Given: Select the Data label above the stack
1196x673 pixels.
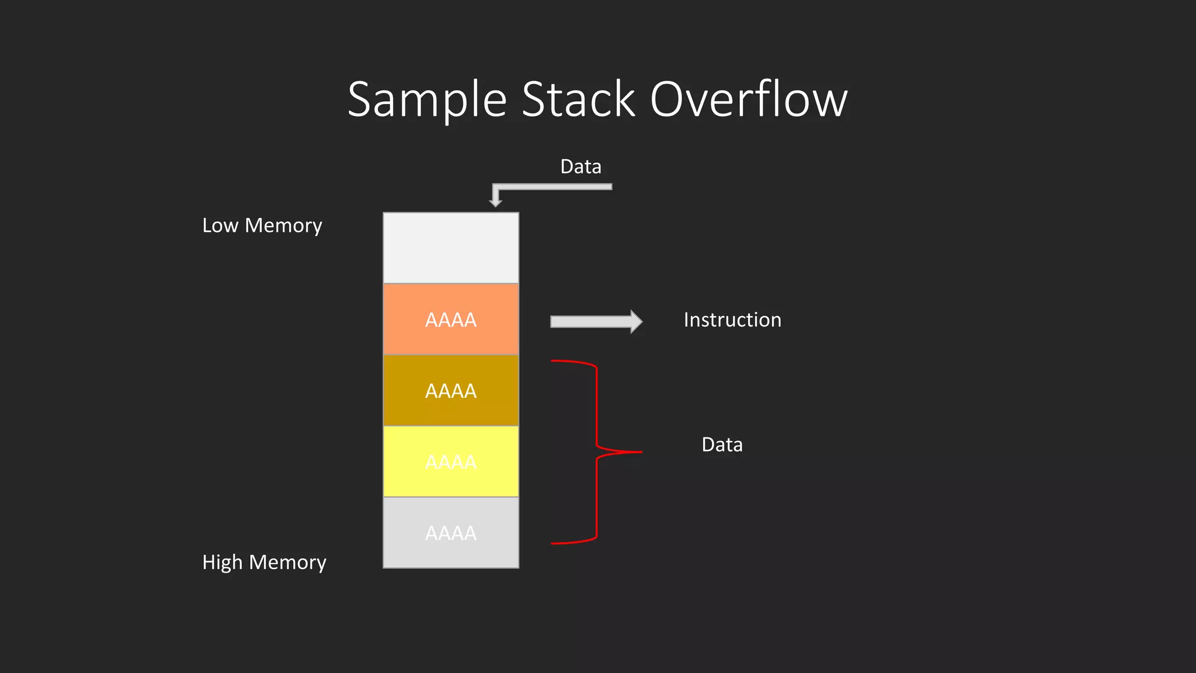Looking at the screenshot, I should (x=580, y=166).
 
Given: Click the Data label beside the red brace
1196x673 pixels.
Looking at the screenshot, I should (x=722, y=445).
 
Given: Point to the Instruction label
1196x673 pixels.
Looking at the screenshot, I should (x=732, y=320).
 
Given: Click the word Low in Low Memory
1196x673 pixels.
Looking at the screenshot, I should (x=220, y=226).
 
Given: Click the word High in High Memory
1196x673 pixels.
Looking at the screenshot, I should (x=222, y=562).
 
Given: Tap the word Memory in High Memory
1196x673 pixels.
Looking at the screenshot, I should (x=287, y=562).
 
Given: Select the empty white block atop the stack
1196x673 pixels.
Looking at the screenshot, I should (x=451, y=248).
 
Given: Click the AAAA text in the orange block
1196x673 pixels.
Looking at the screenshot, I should (x=451, y=320).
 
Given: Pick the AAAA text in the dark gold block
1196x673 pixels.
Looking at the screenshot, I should (x=451, y=391).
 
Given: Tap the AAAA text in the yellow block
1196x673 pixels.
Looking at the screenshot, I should (x=451, y=462).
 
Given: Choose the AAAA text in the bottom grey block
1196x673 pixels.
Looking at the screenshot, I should (x=451, y=533).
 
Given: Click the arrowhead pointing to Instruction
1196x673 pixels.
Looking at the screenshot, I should (x=636, y=321).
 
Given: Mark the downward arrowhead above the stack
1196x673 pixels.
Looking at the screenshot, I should (x=496, y=202).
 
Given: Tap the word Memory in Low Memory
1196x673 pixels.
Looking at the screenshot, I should (x=283, y=226).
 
